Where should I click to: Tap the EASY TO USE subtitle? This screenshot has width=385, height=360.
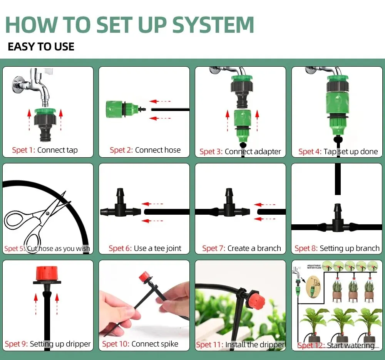tap(41, 47)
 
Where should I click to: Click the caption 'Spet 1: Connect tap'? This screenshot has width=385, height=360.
tap(45, 150)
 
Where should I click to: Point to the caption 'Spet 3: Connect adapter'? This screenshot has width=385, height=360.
tap(240, 151)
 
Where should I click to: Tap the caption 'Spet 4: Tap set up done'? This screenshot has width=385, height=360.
tap(338, 151)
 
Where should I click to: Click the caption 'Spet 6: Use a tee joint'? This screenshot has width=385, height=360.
tap(145, 248)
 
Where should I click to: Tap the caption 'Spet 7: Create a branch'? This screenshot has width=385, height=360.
tap(241, 248)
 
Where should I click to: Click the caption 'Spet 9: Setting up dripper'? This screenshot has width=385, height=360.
tap(48, 344)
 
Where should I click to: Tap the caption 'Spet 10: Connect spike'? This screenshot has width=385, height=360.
tap(140, 344)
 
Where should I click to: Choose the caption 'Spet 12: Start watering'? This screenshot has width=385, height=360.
tap(336, 345)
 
